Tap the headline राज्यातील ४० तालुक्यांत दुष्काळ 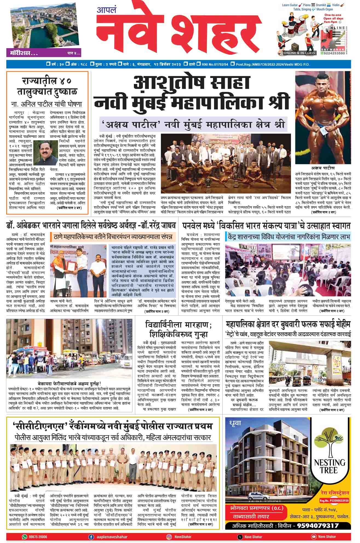(x=47, y=86)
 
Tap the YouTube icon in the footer (x=313, y=537)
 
